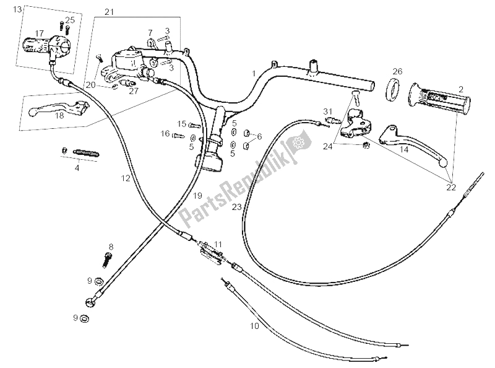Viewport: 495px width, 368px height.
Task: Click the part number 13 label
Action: pyautogui.click(x=16, y=9)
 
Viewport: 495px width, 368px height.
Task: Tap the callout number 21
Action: pyautogui.click(x=110, y=12)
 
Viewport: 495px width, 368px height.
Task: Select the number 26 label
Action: pyautogui.click(x=397, y=71)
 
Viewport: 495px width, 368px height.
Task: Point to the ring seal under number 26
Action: pyautogui.click(x=392, y=89)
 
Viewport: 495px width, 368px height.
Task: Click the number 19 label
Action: pyautogui.click(x=197, y=195)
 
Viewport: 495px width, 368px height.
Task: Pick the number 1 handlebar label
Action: pyautogui.click(x=253, y=73)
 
